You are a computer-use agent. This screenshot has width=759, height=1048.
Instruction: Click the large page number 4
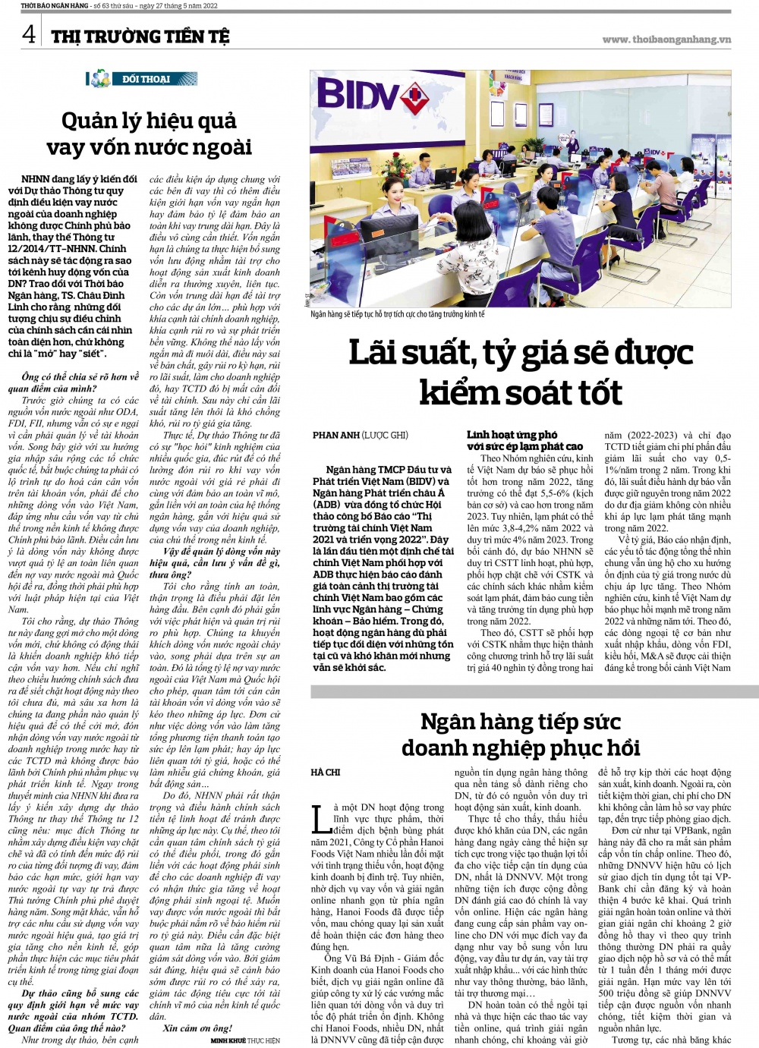[28, 34]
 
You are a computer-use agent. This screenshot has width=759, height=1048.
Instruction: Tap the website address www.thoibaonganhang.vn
[666, 39]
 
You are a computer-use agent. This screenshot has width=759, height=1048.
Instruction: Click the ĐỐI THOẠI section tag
[145, 79]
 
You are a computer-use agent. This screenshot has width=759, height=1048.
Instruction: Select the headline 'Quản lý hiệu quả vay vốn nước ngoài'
[149, 133]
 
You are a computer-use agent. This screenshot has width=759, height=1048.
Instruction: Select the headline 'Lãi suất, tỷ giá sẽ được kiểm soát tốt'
[521, 373]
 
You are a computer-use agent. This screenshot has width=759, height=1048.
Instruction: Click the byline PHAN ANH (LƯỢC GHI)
[360, 436]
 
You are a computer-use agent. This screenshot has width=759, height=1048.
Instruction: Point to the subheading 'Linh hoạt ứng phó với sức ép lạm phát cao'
[524, 440]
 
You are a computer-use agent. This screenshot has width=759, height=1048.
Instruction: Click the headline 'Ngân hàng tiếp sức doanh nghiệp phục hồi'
[521, 734]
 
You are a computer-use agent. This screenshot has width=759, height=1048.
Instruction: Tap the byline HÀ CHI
[326, 773]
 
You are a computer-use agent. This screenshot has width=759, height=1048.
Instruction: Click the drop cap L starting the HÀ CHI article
[320, 819]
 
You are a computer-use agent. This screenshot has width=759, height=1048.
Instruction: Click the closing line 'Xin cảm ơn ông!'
[191, 1028]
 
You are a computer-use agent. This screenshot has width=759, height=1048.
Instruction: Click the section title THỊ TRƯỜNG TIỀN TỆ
[140, 36]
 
